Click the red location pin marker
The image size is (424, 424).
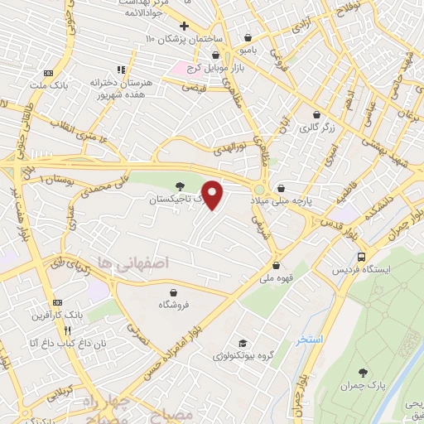[x=214, y=194]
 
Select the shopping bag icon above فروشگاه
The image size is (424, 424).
[x=173, y=292]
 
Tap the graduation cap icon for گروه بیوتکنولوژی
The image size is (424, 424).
[x=242, y=343]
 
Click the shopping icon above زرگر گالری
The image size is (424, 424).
[x=316, y=115]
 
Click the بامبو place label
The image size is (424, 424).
[x=262, y=50]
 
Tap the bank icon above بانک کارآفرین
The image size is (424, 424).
[x=57, y=303]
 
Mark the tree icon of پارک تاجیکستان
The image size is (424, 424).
[x=181, y=186]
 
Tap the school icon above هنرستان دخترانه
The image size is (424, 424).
[x=120, y=70]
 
